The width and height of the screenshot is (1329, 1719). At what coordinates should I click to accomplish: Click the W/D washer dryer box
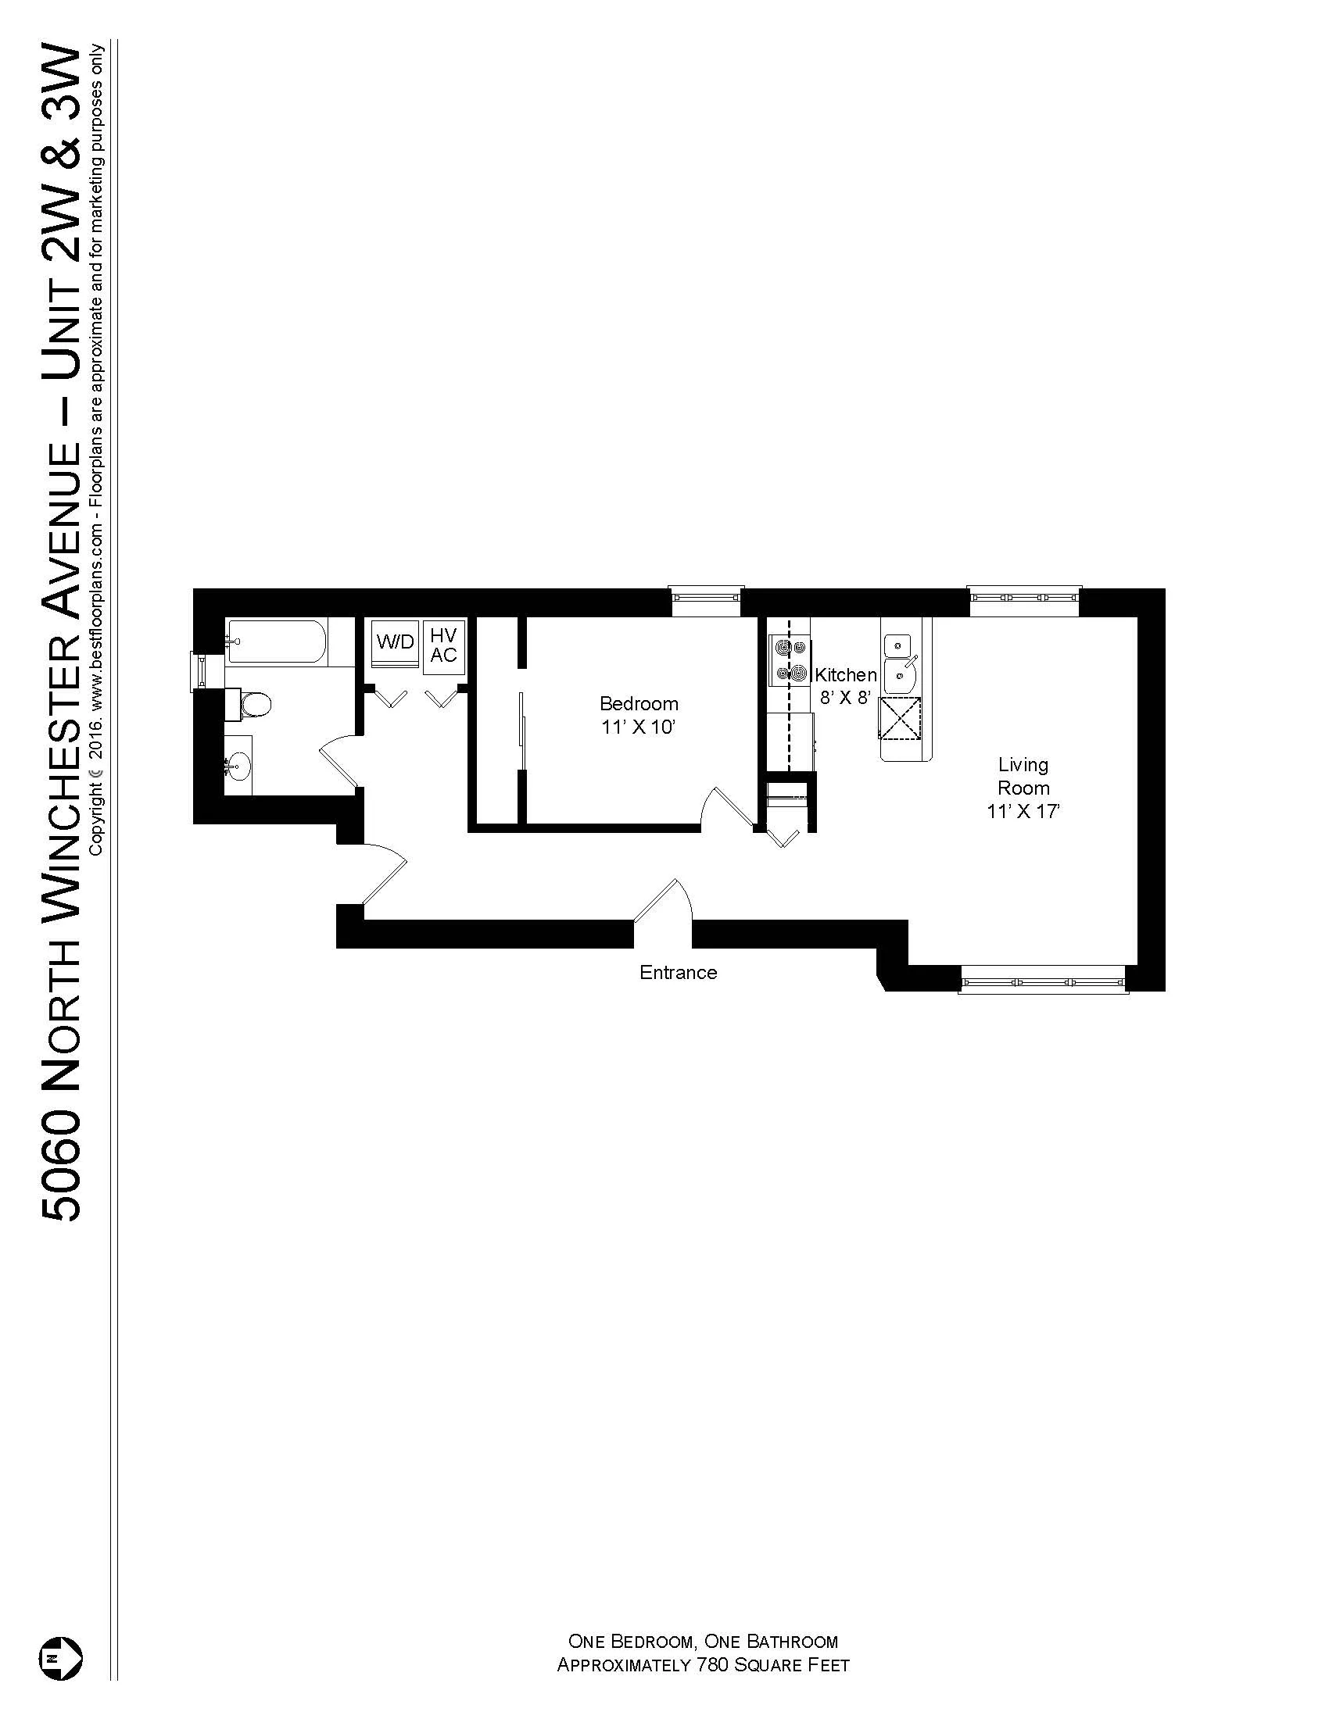tap(396, 641)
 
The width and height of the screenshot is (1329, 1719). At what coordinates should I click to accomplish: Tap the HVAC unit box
tap(443, 645)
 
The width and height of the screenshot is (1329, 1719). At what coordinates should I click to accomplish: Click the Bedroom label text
tap(639, 703)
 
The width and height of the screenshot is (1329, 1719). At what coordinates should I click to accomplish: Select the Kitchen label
tap(846, 674)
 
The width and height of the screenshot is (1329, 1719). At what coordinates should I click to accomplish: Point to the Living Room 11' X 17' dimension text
tap(1023, 812)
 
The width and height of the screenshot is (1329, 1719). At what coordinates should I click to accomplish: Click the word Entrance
tap(678, 972)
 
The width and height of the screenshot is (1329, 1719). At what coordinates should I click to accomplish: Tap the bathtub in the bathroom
tap(275, 642)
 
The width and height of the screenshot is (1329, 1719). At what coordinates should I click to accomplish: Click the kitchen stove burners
tap(790, 659)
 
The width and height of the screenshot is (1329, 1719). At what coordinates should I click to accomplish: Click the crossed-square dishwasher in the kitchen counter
tap(900, 718)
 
